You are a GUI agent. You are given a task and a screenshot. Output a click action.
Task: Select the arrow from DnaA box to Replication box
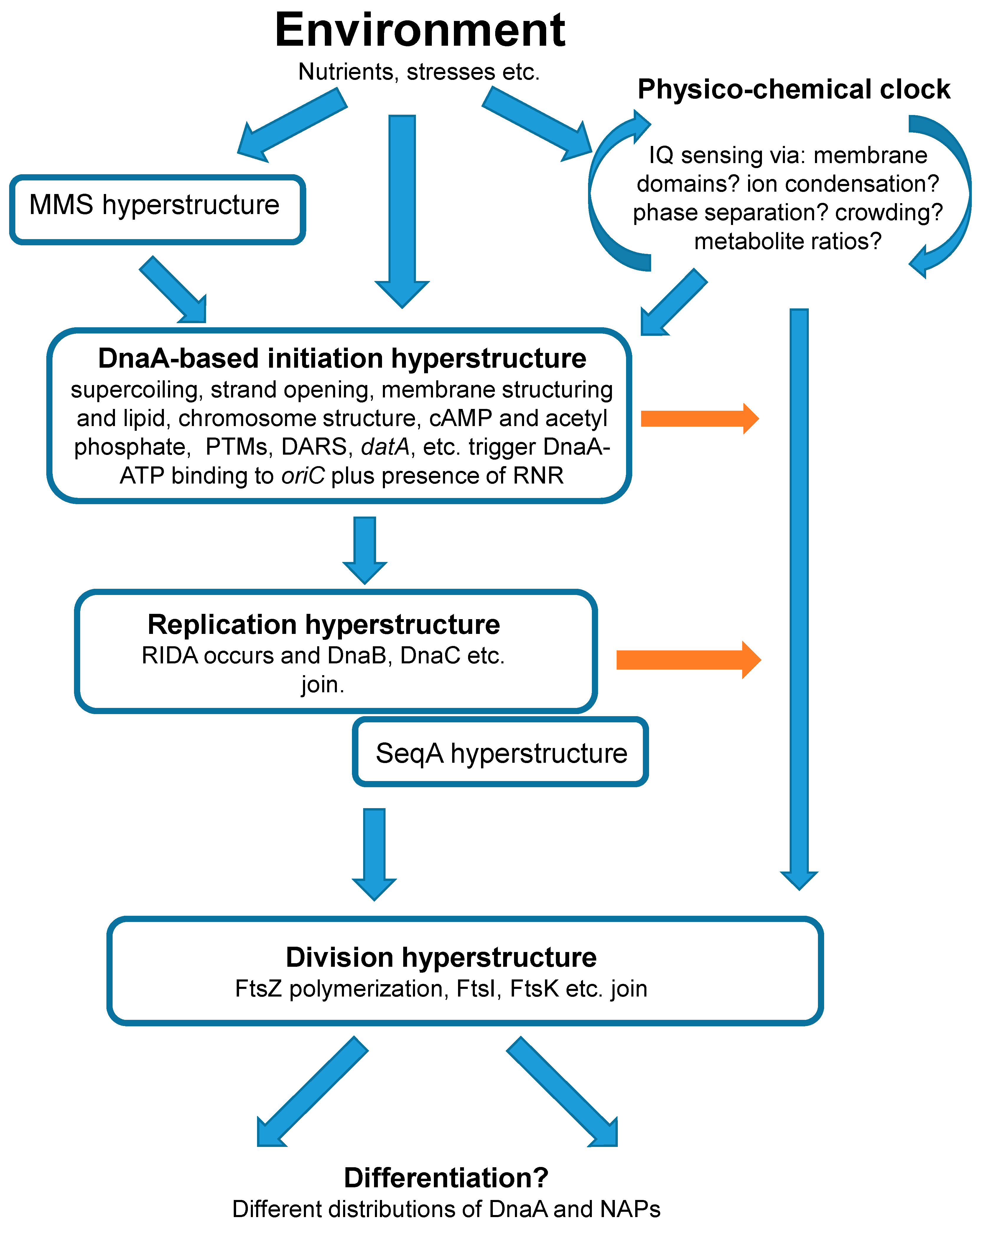(x=365, y=549)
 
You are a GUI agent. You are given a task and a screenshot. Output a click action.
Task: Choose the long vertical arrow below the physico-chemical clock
(x=799, y=595)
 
